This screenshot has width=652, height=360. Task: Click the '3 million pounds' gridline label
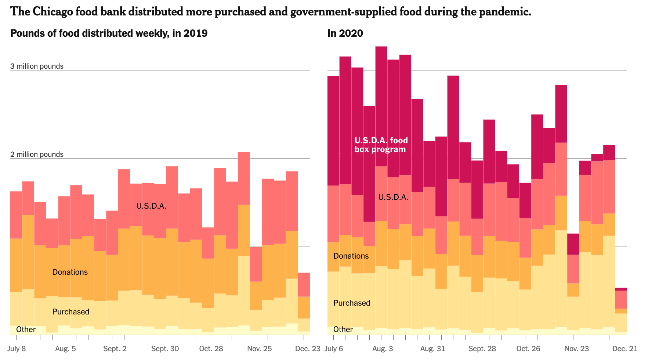click(37, 66)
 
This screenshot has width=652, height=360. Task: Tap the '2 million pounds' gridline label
click(37, 154)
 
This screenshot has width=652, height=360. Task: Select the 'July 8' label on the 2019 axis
click(16, 348)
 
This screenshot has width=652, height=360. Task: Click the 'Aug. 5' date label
click(65, 348)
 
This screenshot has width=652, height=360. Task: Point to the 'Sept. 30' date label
click(165, 348)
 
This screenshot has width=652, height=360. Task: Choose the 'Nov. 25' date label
click(259, 348)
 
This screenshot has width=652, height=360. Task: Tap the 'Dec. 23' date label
click(308, 348)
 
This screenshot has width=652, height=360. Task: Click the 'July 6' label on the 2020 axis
click(334, 348)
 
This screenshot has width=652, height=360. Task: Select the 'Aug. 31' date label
click(432, 348)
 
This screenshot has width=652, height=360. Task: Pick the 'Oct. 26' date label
click(528, 348)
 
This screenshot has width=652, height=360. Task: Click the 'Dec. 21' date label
click(625, 348)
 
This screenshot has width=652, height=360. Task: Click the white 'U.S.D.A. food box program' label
click(381, 145)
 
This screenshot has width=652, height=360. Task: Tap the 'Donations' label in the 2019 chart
click(70, 272)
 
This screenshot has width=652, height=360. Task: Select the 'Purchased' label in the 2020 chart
click(352, 303)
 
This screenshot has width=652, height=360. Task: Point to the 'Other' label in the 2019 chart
click(26, 329)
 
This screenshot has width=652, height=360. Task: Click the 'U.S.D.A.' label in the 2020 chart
click(393, 197)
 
